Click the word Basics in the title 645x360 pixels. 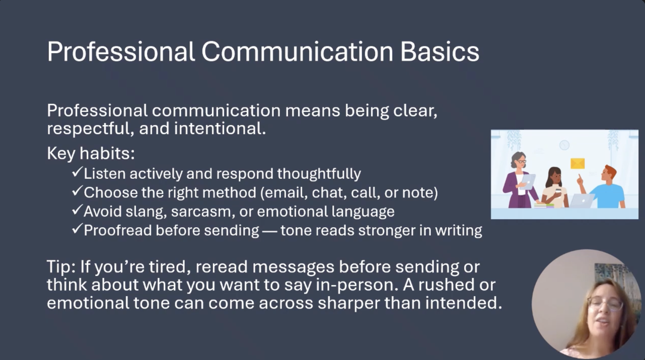[x=440, y=52]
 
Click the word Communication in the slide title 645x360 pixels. [x=297, y=52]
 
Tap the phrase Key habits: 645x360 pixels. [x=91, y=153]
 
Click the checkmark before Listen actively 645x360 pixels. [x=77, y=172]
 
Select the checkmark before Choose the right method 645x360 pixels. [x=77, y=191]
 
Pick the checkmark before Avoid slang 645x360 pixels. [x=77, y=210]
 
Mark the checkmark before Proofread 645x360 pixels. [x=77, y=229]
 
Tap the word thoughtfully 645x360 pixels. [x=319, y=174]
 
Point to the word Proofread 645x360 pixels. [x=118, y=230]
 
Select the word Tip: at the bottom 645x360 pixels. [x=61, y=267]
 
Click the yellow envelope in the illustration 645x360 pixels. [x=578, y=163]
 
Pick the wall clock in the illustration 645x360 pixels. [x=564, y=145]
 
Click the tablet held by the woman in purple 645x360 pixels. [x=528, y=181]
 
